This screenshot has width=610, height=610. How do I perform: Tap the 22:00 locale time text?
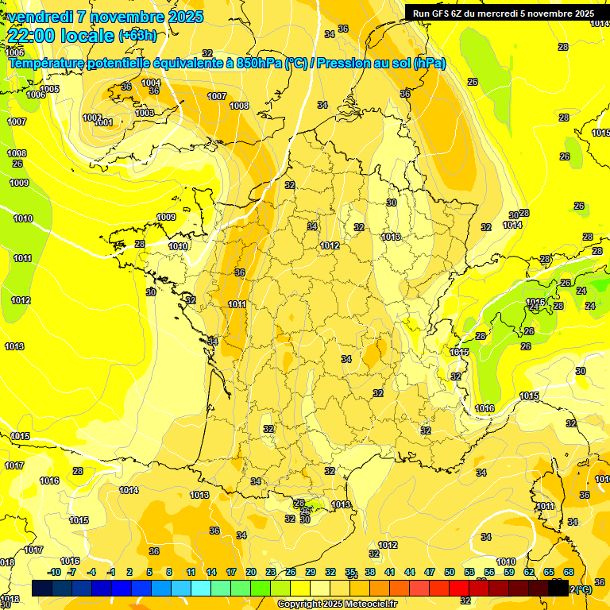point(62,36)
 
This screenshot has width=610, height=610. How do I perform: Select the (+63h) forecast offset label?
point(137,36)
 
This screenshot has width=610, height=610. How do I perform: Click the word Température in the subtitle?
point(47,64)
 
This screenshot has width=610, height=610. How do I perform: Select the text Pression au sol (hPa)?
point(380,64)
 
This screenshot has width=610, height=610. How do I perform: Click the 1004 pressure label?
point(151,83)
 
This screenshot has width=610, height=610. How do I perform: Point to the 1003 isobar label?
point(145,114)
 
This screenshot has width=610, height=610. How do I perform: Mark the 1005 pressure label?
point(49,89)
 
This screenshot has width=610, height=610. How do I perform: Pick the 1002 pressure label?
point(92,118)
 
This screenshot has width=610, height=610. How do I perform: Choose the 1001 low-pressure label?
point(104,123)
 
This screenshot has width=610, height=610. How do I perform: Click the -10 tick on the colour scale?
point(54,572)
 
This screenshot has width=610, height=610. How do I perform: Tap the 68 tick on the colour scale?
point(569,572)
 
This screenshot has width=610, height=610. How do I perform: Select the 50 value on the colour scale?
point(450,572)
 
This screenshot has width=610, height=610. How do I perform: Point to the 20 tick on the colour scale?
point(250,572)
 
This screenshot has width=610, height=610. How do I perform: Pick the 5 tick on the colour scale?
point(149,572)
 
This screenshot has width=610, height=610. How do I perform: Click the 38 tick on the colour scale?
point(370,572)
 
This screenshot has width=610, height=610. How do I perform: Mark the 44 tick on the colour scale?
point(410,572)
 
